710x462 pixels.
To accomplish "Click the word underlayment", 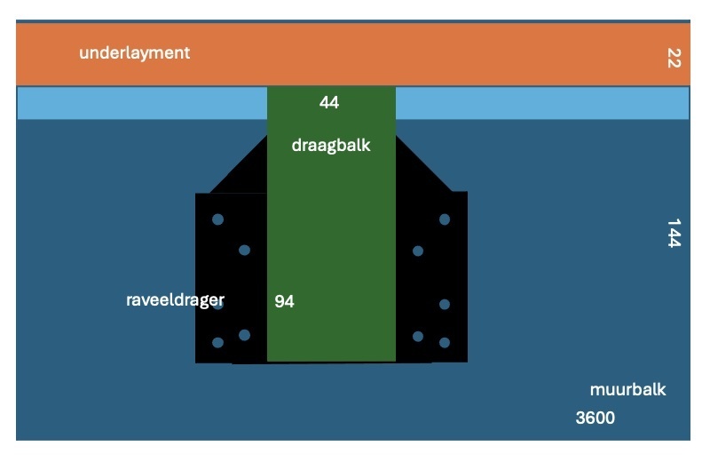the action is pyautogui.click(x=135, y=53).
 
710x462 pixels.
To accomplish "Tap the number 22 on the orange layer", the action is pyautogui.click(x=674, y=58).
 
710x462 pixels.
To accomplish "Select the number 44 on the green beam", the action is pyautogui.click(x=328, y=102).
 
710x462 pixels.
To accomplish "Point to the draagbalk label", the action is pyautogui.click(x=331, y=145).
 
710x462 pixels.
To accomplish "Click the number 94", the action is pyautogui.click(x=284, y=301).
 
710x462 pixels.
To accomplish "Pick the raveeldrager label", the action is pyautogui.click(x=175, y=299).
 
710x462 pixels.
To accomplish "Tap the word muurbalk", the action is pyautogui.click(x=627, y=389).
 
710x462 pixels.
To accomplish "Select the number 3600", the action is pyautogui.click(x=595, y=418).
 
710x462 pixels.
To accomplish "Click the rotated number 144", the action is pyautogui.click(x=674, y=233).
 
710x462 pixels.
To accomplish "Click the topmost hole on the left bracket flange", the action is pyautogui.click(x=217, y=219).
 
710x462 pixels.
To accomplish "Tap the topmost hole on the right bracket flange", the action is pyautogui.click(x=445, y=219).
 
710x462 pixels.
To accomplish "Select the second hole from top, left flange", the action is pyautogui.click(x=245, y=250).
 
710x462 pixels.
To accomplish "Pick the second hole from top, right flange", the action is pyautogui.click(x=418, y=251).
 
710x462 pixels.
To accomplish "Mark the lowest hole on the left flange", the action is pyautogui.click(x=217, y=342).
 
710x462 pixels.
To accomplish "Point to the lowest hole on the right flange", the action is pyautogui.click(x=445, y=342).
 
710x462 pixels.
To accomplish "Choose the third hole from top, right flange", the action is pyautogui.click(x=445, y=304).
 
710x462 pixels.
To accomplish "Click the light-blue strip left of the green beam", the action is pyautogui.click(x=142, y=103).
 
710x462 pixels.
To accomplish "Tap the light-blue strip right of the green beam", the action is pyautogui.click(x=542, y=103).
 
